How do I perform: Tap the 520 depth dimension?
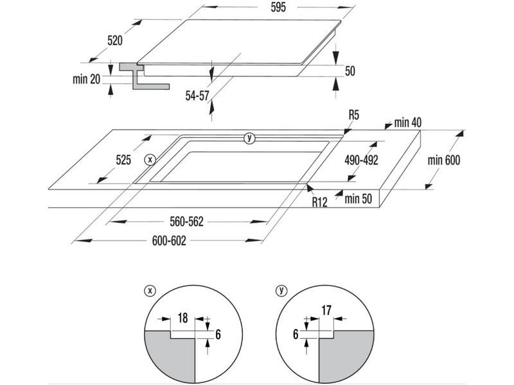(115, 40)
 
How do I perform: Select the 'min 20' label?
(87, 80)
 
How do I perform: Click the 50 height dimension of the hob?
(350, 71)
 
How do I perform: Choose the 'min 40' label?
(407, 123)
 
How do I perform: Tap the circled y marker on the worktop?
(250, 138)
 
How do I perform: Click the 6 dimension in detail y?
(296, 333)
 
